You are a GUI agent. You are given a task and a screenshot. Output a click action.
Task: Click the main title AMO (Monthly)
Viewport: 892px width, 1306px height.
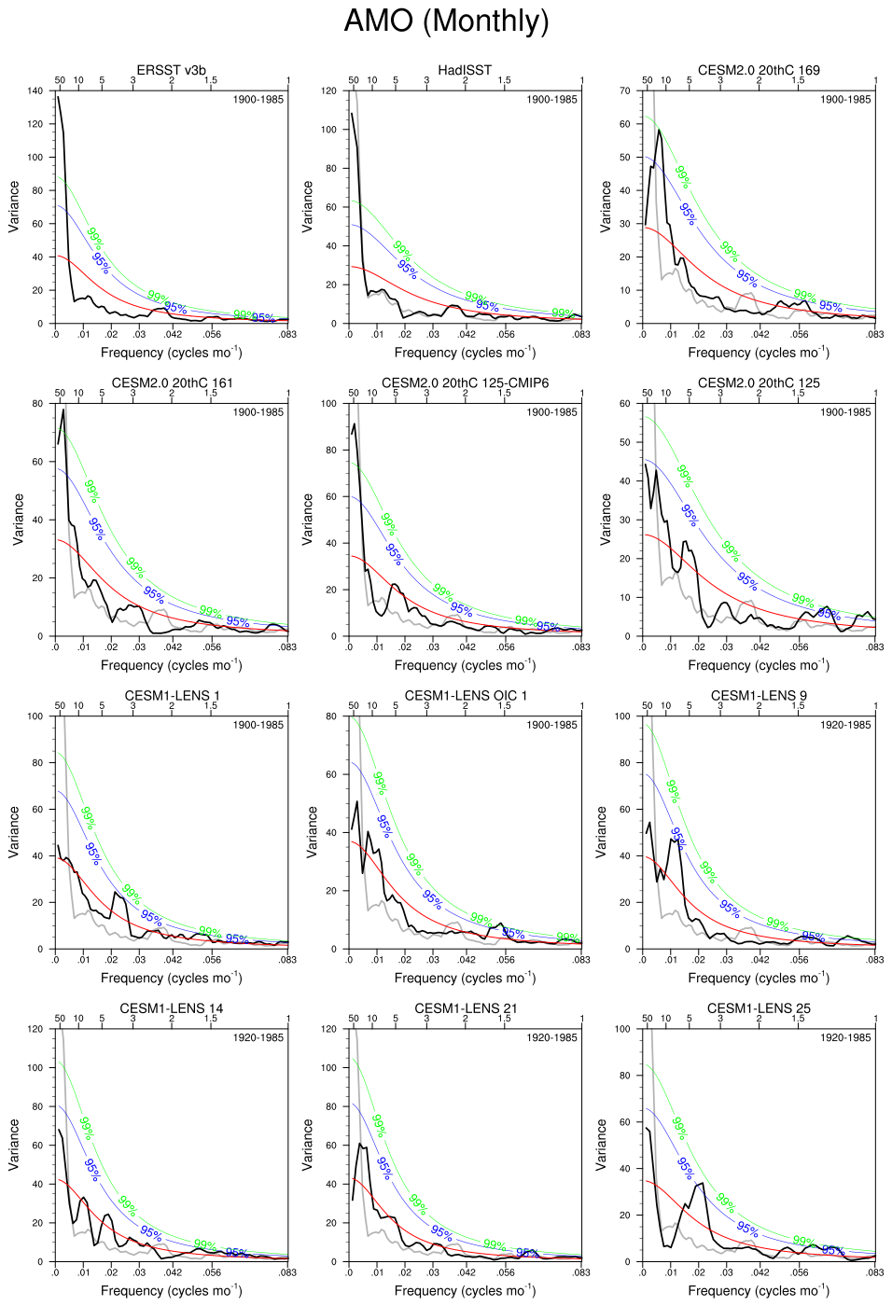(x=446, y=21)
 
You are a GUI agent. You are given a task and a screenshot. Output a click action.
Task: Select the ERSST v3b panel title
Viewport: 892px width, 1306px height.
(x=171, y=70)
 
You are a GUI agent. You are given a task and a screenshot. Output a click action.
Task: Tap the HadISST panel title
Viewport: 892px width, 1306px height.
(x=465, y=70)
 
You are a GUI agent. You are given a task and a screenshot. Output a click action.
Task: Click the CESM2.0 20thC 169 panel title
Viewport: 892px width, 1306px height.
(x=759, y=70)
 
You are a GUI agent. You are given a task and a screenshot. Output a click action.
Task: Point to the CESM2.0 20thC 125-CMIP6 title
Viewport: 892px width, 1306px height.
(x=465, y=382)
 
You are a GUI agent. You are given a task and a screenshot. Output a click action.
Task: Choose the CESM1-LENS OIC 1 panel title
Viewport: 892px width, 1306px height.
(x=465, y=695)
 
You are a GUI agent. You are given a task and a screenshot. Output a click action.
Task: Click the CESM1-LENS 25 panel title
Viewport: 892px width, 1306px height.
(x=759, y=1007)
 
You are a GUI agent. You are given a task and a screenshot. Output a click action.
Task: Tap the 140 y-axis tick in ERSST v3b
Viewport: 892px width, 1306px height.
(x=35, y=91)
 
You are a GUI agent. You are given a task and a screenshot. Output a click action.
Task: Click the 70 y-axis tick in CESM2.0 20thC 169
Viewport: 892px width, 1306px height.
(x=625, y=91)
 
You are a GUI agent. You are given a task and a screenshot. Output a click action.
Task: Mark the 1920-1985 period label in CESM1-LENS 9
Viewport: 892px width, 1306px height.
(x=845, y=725)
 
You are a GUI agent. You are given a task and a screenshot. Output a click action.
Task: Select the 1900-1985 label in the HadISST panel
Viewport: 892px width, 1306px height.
(x=551, y=100)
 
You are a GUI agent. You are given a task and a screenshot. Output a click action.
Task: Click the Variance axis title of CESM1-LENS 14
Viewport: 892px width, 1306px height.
(x=14, y=1145)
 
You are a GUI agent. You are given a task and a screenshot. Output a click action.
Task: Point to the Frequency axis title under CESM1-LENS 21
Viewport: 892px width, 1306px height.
(x=465, y=1290)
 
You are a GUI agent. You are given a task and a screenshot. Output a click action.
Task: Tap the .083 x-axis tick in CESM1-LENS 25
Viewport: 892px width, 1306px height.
(x=874, y=1272)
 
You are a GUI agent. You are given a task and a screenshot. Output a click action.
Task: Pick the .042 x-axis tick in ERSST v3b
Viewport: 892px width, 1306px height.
(x=174, y=334)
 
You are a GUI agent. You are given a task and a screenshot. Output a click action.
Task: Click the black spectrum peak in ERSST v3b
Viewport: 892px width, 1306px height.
(x=58, y=97)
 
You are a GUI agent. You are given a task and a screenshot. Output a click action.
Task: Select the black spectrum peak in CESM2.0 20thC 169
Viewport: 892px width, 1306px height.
(x=659, y=130)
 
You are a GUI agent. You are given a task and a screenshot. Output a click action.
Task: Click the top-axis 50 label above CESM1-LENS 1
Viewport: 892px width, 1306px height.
(x=60, y=706)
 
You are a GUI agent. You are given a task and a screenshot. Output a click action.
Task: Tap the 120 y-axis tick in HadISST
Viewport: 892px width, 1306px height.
(x=328, y=91)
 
